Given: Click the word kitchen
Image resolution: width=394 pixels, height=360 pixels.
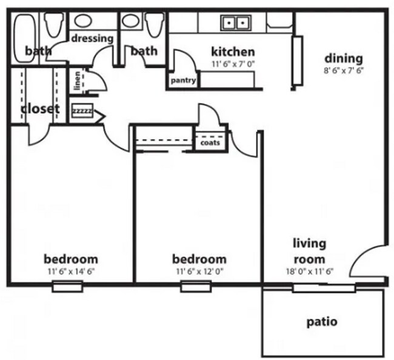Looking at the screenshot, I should point(233,52).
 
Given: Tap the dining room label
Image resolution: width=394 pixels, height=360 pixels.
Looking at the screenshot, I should point(343,58).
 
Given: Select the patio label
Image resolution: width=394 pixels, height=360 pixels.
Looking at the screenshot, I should point(322,322).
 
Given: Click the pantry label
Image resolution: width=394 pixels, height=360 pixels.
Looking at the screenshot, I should point(182,80).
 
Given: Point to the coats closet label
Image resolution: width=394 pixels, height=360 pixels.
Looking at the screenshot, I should point(210,143).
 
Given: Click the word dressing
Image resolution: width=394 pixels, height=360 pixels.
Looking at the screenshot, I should point(93,38).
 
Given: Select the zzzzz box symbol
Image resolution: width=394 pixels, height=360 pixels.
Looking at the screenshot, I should point(82,112).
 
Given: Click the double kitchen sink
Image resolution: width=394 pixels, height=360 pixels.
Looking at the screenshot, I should point(237,23).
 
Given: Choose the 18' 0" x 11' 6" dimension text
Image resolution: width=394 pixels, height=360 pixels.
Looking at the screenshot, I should point(309,271).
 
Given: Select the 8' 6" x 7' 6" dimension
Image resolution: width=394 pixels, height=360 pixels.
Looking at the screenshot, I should point(343,70).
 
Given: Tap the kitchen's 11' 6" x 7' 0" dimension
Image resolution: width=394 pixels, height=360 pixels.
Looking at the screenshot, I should point(233,64).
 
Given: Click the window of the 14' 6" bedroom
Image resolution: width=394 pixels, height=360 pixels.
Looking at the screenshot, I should point(67,286).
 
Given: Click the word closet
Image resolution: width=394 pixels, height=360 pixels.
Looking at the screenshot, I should point(40,109).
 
